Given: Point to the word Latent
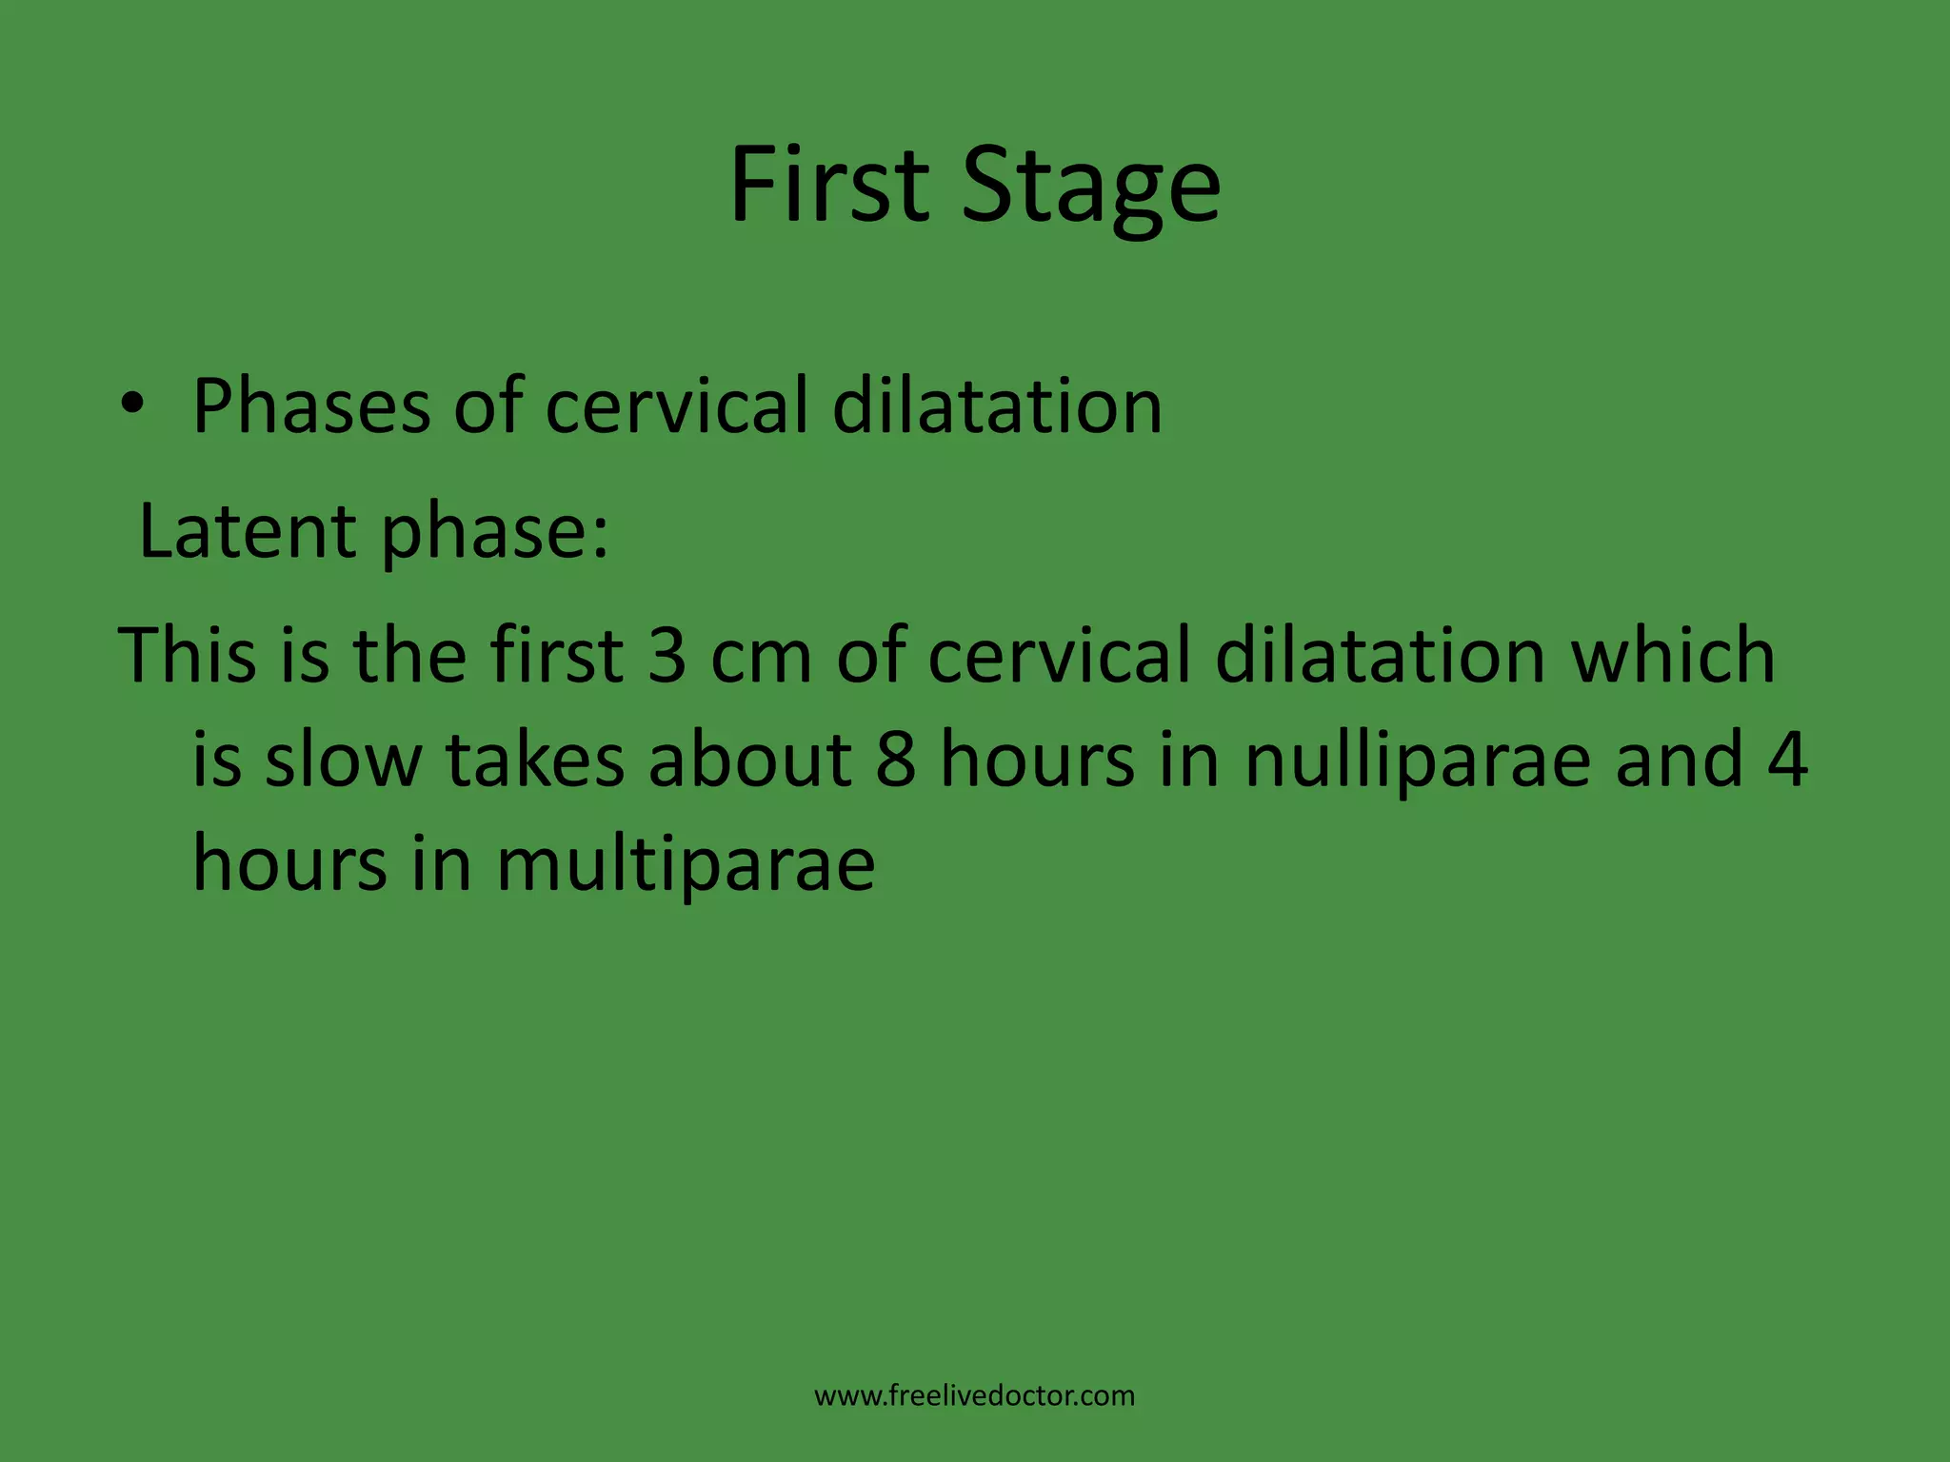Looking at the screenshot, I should click(248, 530).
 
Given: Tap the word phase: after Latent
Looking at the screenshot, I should click(494, 533).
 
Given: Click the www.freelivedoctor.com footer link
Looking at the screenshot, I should click(974, 1395).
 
